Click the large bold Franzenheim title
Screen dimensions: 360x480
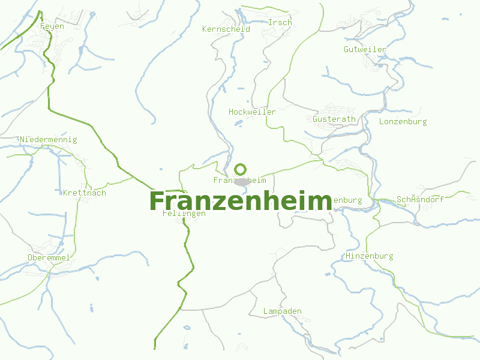(x=240, y=202)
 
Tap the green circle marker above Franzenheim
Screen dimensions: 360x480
(x=241, y=169)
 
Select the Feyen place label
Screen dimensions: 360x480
(x=52, y=26)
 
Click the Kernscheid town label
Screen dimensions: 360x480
(x=226, y=29)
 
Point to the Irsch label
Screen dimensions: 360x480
(x=280, y=23)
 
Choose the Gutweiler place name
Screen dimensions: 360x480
(x=365, y=49)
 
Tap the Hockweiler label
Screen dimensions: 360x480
(x=252, y=112)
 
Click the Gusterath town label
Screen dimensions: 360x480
(x=334, y=119)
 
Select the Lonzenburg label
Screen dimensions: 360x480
(x=403, y=122)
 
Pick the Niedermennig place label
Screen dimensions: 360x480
(x=49, y=140)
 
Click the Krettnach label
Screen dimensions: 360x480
(x=85, y=193)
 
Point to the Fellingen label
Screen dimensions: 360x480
(x=184, y=214)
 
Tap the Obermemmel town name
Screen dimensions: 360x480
(x=49, y=258)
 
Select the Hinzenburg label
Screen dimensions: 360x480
(x=370, y=256)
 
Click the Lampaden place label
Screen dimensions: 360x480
(x=283, y=311)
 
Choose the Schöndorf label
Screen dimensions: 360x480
(x=420, y=200)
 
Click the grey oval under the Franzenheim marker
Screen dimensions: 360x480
(x=241, y=181)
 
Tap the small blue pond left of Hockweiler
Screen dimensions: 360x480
(x=238, y=124)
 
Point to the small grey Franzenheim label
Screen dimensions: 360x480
(x=240, y=181)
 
